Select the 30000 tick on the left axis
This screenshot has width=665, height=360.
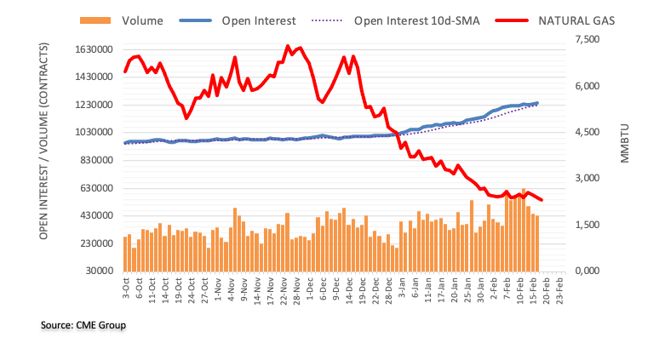[100, 271]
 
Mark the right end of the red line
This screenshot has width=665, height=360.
[542, 200]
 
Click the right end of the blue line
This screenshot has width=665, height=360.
[537, 103]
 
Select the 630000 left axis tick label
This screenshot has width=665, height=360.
[96, 188]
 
